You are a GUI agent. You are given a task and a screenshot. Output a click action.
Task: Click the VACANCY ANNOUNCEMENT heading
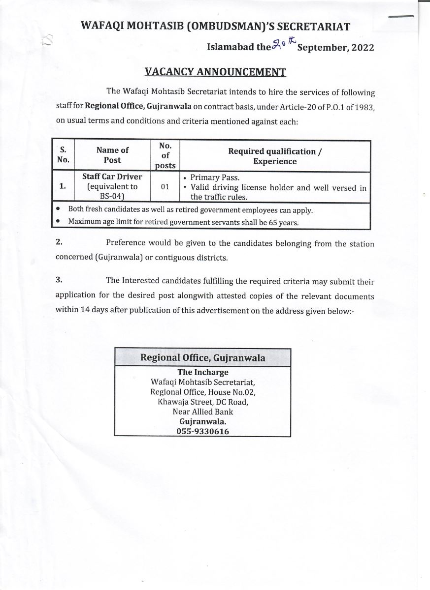215,72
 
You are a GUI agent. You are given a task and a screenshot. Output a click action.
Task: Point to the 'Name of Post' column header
112,155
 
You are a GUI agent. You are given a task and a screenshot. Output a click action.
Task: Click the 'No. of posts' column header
165,155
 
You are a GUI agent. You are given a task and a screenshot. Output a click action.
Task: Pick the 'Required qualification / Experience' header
275,156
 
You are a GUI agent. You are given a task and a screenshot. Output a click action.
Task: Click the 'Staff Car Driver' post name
112,177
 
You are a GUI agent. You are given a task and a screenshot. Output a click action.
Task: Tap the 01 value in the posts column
165,187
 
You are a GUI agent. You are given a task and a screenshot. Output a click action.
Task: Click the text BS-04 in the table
111,197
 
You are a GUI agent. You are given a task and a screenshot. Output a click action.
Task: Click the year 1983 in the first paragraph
364,107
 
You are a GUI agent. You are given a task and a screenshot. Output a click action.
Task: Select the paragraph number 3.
59,280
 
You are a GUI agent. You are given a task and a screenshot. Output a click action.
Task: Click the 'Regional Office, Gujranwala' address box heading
202,357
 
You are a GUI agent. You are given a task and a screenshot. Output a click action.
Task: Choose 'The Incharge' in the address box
202,372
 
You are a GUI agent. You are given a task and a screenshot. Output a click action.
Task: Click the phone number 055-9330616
202,431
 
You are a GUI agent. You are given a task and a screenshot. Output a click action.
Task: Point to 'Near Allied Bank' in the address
202,412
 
